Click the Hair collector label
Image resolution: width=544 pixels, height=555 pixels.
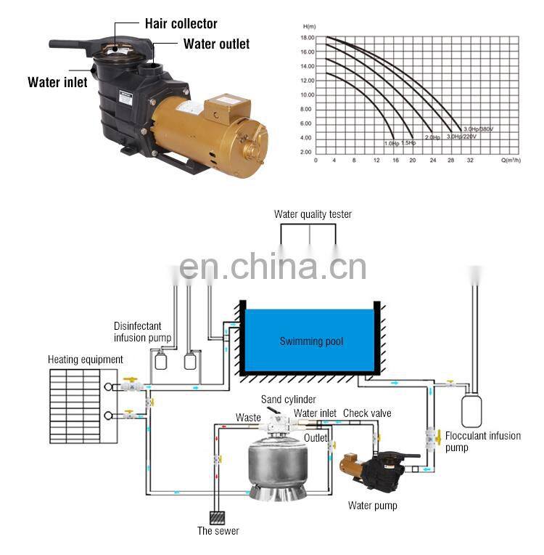(x=181, y=24)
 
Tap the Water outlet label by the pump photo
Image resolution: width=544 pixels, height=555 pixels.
(x=216, y=44)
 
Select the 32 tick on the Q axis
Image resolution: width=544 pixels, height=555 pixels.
(x=470, y=159)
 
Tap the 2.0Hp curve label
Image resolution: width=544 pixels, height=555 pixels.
(x=432, y=137)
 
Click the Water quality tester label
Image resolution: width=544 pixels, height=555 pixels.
(x=313, y=214)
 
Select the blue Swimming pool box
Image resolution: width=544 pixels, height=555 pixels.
(x=311, y=341)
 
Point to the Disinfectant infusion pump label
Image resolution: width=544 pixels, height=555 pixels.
(x=143, y=331)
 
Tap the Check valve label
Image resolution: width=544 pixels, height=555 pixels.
(x=367, y=413)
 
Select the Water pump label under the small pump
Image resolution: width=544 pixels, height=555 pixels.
(x=373, y=505)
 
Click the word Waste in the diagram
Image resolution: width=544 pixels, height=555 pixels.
(x=248, y=417)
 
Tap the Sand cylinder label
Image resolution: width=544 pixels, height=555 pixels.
(x=288, y=400)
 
